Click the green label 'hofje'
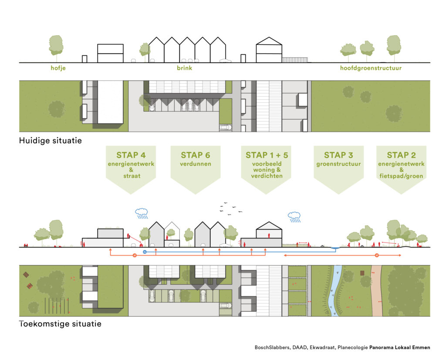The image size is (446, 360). click(58, 68)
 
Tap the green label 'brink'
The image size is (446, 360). click(184, 68)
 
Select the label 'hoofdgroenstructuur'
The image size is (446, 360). click(371, 68)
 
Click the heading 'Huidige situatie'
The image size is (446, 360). click(51, 141)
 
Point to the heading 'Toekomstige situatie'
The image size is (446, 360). click(60, 323)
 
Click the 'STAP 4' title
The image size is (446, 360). click(131, 155)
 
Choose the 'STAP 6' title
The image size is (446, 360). click(196, 155)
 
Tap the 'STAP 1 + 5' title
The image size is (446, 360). click(267, 155)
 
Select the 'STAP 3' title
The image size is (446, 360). click(338, 155)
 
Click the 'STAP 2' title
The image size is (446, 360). click(401, 155)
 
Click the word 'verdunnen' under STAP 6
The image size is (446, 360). click(196, 164)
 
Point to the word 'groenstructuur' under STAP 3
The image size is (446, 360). click(338, 164)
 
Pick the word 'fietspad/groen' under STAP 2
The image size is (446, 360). click(401, 176)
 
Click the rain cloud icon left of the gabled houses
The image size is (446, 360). click(142, 213)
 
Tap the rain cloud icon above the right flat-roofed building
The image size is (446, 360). click(294, 217)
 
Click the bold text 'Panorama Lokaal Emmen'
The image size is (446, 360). click(400, 347)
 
